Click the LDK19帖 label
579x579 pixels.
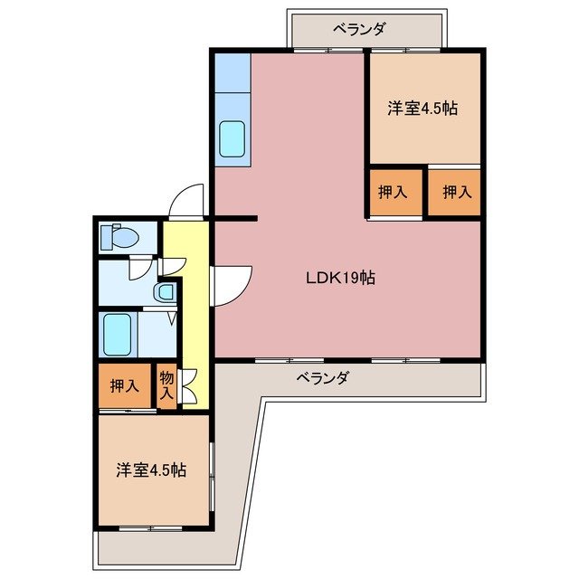click(339, 279)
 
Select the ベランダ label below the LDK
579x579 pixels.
click(322, 378)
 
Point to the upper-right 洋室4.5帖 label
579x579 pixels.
click(422, 109)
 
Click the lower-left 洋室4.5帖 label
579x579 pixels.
click(151, 470)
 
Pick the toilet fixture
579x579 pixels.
click(120, 238)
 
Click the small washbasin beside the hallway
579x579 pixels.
click(165, 292)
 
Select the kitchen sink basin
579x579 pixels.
click(233, 138)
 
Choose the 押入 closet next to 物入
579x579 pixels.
click(125, 386)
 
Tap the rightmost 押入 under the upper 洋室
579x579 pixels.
click(455, 192)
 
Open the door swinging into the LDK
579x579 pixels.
click(230, 283)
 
